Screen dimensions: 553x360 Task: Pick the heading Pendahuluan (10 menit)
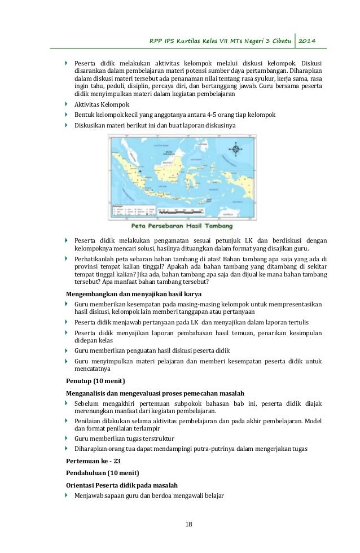[103, 472]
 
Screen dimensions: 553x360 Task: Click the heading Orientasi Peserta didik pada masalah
[122, 485]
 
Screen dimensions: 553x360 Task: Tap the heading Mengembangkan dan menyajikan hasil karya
[134, 294]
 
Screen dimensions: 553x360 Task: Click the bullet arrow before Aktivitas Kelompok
[68, 104]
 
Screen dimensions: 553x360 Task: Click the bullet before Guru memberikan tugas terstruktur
[68, 438]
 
